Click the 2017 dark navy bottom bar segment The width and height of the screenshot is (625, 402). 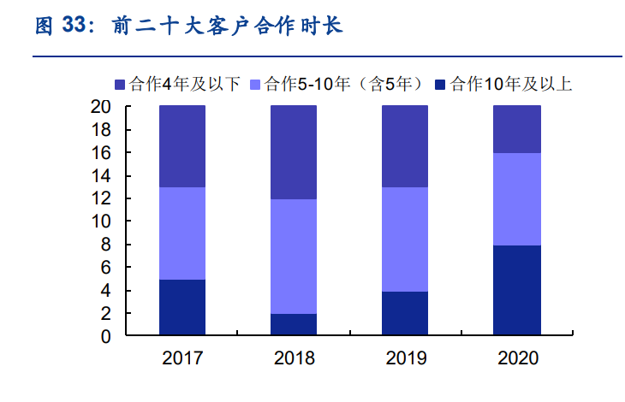(182, 308)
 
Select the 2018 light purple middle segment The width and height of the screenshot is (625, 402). (293, 257)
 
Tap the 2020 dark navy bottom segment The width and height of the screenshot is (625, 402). (517, 291)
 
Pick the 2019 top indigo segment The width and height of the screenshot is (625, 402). (405, 146)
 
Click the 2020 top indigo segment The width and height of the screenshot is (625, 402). (517, 129)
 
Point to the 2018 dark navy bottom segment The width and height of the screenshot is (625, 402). (293, 325)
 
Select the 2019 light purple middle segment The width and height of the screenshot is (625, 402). (405, 239)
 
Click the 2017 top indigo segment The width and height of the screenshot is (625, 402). (182, 146)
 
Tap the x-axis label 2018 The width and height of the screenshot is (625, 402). (294, 358)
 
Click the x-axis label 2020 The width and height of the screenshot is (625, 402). (518, 358)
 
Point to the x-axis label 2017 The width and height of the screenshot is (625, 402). (182, 358)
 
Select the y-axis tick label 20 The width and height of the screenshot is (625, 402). (101, 107)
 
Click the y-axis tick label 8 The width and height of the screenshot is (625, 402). (106, 245)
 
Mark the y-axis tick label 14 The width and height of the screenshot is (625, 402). (101, 176)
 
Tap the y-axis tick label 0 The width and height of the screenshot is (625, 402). (106, 337)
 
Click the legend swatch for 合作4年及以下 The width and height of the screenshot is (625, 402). (121, 84)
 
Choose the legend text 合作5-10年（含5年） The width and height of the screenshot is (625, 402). (345, 84)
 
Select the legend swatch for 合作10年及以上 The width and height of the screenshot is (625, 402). (440, 84)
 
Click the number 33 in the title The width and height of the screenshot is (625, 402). (75, 26)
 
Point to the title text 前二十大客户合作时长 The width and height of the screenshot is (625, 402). (227, 26)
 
